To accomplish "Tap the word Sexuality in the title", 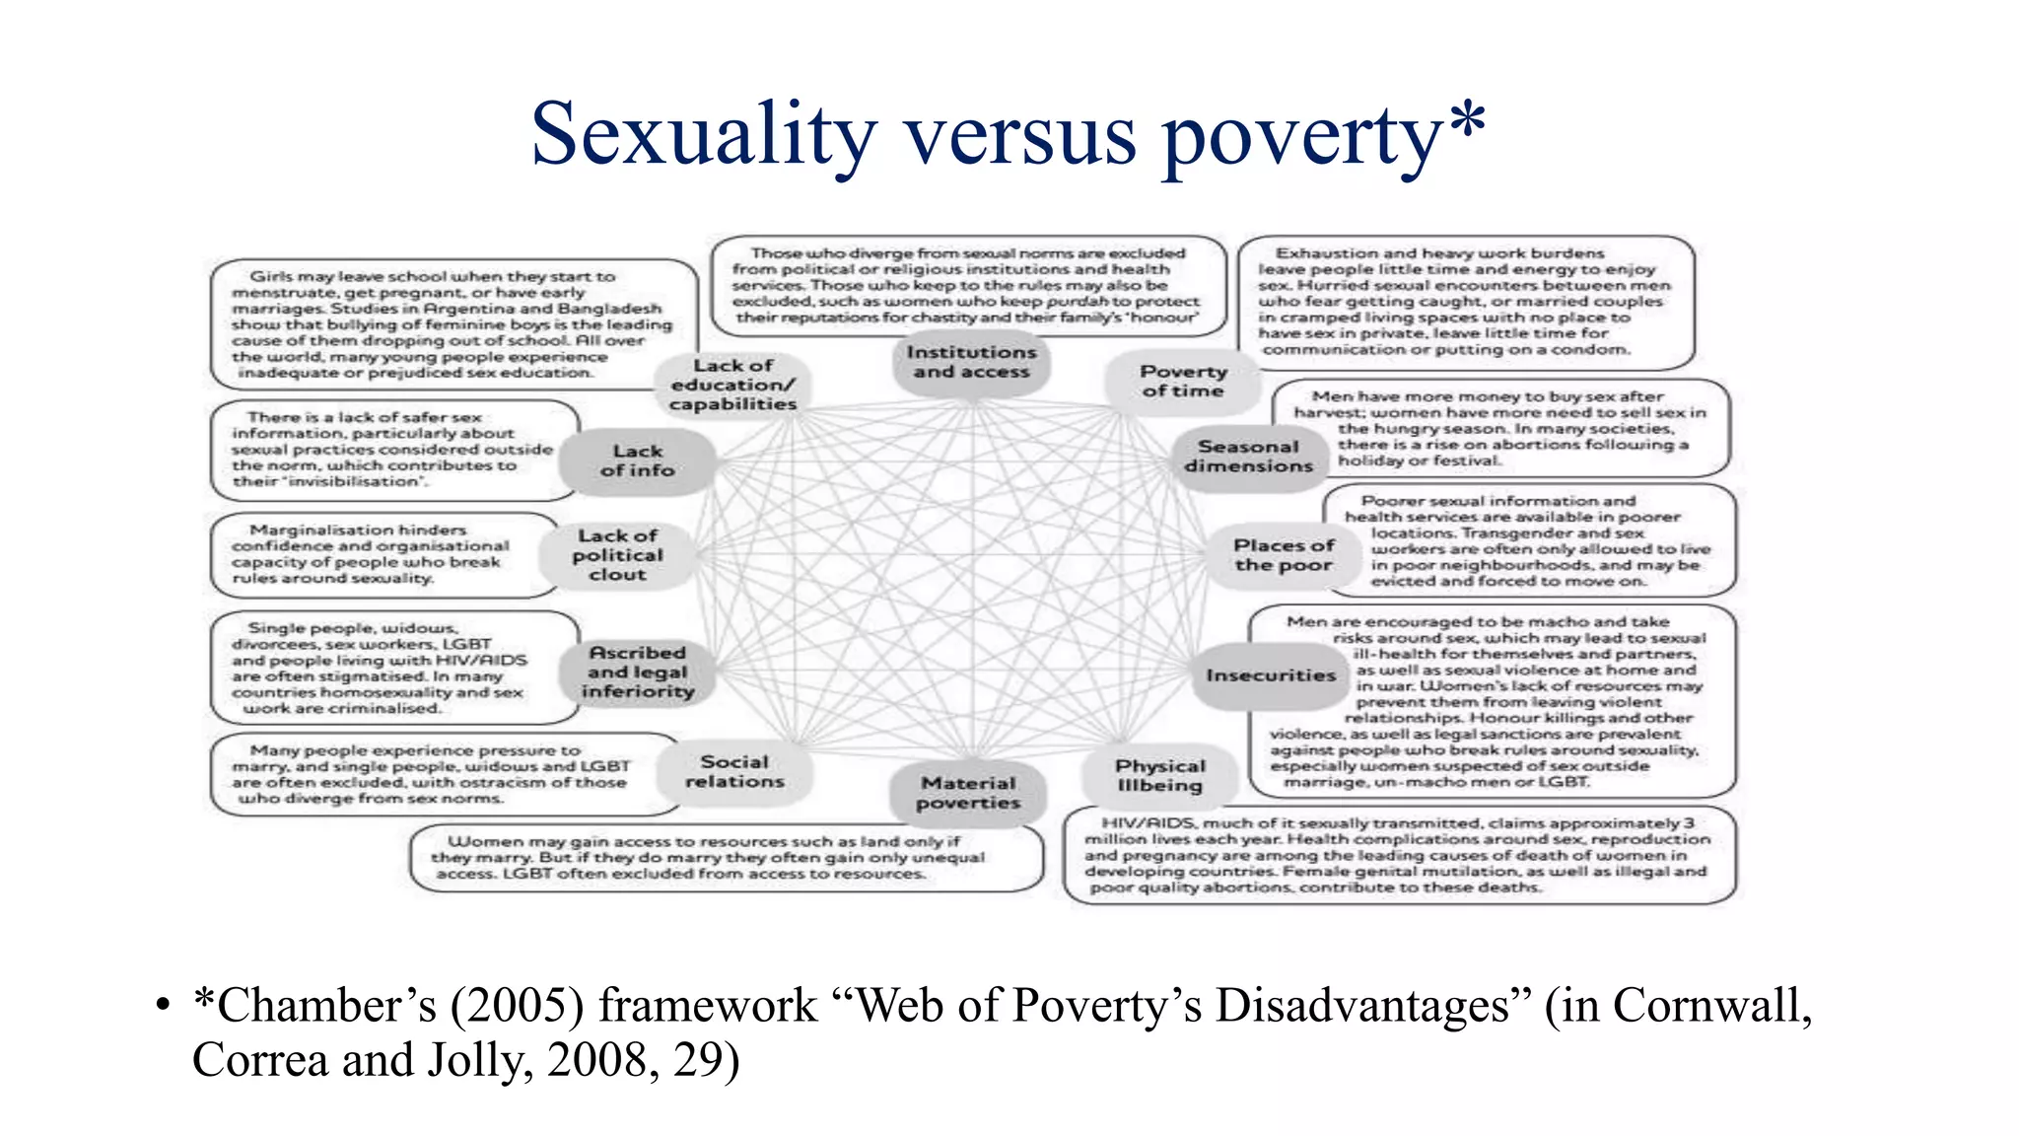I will point(703,135).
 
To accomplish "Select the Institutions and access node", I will point(971,362).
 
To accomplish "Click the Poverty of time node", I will point(1183,381).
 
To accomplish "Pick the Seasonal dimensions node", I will point(1248,456).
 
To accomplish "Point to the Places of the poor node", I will point(1284,555).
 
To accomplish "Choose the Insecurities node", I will point(1270,675).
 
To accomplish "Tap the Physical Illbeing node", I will point(1159,775).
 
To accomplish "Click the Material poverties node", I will point(968,792).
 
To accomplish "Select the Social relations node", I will point(734,771).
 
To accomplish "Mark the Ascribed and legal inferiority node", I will point(637,672).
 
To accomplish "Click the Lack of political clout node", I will point(617,555).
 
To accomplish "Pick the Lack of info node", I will point(637,461).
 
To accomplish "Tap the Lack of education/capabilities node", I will point(732,385).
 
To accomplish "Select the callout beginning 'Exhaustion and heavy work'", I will point(1464,301).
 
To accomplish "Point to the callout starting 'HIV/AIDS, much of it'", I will point(1398,855).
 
